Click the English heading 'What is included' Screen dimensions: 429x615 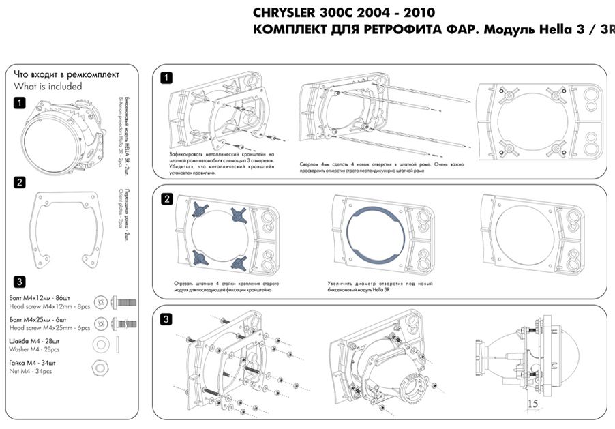coord(48,87)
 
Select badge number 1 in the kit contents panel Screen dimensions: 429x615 coord(20,103)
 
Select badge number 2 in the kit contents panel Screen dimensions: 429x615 coord(20,182)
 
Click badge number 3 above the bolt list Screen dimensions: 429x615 coord(20,281)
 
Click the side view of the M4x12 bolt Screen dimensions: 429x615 coord(126,301)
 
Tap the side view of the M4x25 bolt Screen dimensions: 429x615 coord(127,323)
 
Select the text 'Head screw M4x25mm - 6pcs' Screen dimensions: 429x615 coord(50,327)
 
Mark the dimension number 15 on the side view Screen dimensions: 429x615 coord(533,403)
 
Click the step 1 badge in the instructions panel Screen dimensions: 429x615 coord(166,78)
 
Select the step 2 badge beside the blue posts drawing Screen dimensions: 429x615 coord(166,199)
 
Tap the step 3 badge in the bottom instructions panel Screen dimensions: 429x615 coord(166,319)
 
